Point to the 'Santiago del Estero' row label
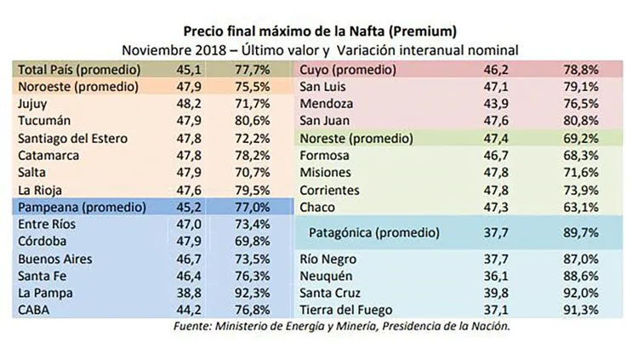(76, 138)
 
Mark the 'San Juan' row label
(327, 120)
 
